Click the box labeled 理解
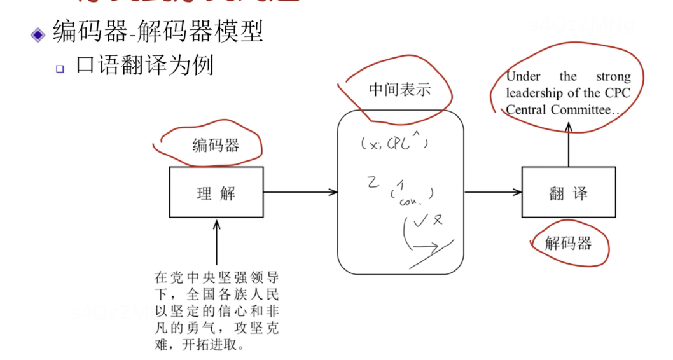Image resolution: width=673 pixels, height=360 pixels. coord(216,192)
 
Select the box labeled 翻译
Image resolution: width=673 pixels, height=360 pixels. coord(568,192)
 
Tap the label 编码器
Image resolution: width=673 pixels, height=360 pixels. coord(216,145)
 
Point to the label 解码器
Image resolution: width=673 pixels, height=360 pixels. coord(568,242)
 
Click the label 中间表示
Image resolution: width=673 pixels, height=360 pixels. coord(399,89)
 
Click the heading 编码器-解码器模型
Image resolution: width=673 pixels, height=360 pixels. coord(158,31)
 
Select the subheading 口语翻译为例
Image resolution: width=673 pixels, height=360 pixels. coord(144,66)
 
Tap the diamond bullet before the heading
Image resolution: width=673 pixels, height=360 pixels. coord(39,33)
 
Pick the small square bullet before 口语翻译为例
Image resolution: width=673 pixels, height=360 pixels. coord(60,68)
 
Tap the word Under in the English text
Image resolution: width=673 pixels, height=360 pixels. coord(523,77)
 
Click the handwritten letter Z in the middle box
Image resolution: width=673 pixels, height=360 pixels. coord(373,183)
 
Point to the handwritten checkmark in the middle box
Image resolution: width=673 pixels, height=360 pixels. coord(420,222)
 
